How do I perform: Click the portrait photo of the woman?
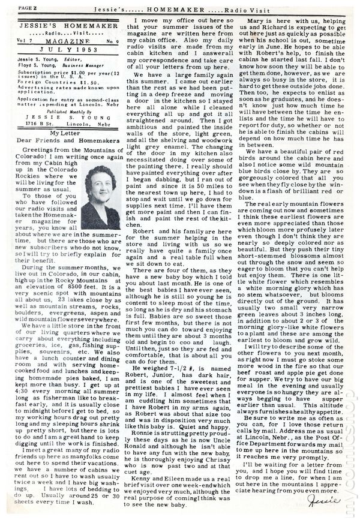(99, 188)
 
